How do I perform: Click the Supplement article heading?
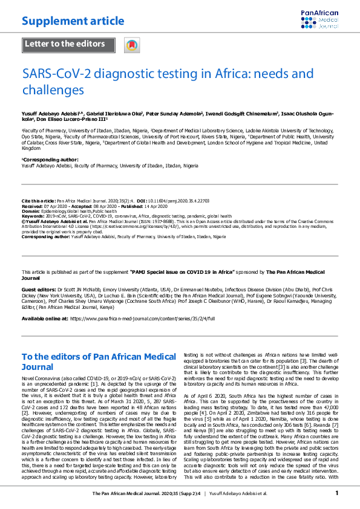(73, 21)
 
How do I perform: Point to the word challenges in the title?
(53, 89)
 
